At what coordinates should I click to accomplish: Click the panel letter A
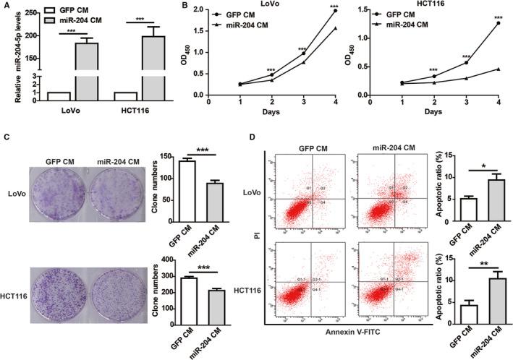pos(6,6)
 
